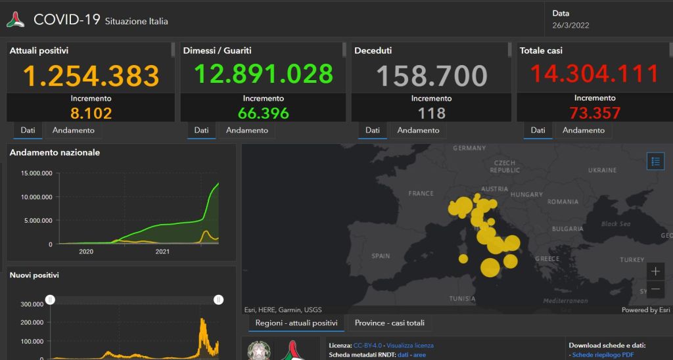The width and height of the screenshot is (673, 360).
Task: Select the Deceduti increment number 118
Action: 431,113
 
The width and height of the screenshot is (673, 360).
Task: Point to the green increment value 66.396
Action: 263,113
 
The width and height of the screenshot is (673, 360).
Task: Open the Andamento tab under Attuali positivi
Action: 74,130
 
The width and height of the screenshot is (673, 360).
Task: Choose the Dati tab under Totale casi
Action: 538,130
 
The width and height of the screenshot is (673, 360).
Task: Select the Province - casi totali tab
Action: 390,323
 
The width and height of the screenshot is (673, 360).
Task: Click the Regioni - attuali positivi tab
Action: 296,323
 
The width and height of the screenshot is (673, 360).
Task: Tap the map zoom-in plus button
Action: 655,271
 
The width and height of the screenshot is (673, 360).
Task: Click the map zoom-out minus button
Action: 655,289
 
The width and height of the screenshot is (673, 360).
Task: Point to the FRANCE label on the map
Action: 421,194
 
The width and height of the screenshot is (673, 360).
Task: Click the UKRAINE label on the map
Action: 602,170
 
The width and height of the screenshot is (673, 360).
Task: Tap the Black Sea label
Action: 616,224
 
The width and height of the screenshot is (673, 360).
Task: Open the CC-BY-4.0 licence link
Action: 367,345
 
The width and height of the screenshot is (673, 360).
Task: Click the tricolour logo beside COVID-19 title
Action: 16,20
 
